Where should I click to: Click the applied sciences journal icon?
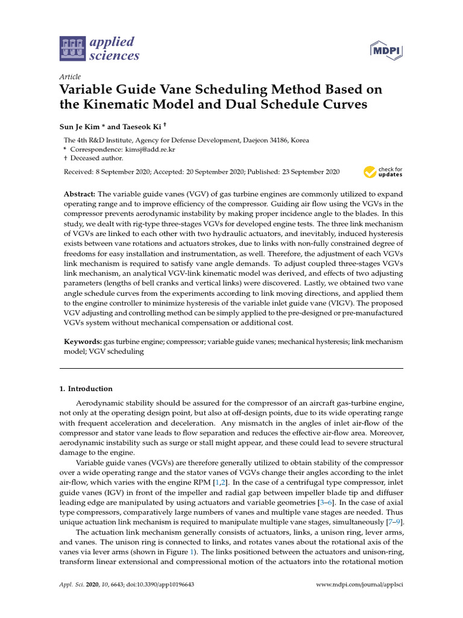click(72, 49)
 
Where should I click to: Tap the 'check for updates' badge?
click(383, 173)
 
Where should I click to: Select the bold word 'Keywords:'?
click(83, 342)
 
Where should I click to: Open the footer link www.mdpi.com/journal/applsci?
click(359, 585)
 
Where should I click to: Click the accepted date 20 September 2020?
click(226, 172)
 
